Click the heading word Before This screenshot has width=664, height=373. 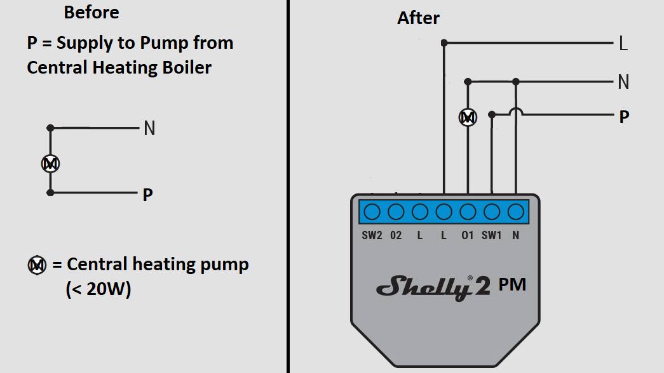click(91, 12)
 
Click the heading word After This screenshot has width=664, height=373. click(418, 18)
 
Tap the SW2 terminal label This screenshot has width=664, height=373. click(372, 235)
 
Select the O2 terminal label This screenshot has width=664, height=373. click(396, 235)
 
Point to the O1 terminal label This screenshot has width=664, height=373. click(468, 235)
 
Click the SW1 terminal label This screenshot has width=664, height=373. click(491, 235)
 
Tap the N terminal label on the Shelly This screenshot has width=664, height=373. click(515, 235)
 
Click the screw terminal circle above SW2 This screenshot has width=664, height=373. click(372, 212)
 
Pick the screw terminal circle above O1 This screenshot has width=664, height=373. click(468, 212)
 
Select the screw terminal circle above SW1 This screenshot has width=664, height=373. click(492, 212)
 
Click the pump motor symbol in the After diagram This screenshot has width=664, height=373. click(468, 117)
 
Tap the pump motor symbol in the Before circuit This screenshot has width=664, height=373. click(50, 164)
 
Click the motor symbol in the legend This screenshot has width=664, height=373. click(37, 265)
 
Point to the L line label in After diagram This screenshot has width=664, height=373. click(623, 44)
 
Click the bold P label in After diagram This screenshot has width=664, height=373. click(624, 117)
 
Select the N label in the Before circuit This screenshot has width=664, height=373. click(149, 128)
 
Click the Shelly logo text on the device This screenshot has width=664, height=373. click(433, 287)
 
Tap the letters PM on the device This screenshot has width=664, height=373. click(512, 285)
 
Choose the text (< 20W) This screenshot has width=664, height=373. click(98, 289)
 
